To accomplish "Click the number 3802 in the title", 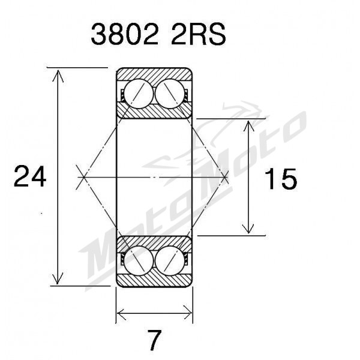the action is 124,34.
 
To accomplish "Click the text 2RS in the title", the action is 199,34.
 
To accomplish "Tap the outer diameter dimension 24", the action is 30,176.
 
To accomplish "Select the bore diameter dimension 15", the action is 281,179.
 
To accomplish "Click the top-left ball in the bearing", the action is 139,94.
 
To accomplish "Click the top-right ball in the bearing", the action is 170,94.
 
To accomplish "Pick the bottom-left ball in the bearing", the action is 139,260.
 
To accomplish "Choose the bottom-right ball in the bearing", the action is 170,260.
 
